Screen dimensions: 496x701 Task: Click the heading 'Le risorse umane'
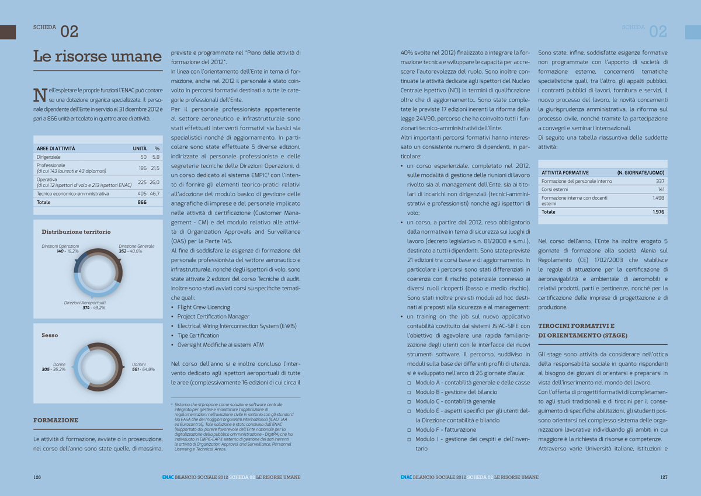click(97, 57)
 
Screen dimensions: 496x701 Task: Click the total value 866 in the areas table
click(142, 202)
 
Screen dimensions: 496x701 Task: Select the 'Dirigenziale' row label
click(48, 157)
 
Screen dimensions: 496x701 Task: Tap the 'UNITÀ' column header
click(140, 148)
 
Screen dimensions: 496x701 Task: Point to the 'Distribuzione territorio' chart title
click(76, 232)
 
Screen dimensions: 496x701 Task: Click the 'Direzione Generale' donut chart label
click(136, 247)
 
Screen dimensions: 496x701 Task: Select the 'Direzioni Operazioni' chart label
click(60, 247)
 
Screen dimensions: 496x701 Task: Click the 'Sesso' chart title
click(50, 335)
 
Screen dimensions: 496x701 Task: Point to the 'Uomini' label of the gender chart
click(139, 364)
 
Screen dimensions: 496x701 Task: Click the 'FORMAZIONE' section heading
click(55, 420)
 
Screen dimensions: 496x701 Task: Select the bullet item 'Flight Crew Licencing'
click(203, 307)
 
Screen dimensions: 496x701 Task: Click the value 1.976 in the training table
click(658, 212)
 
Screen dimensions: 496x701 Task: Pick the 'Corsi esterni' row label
click(554, 190)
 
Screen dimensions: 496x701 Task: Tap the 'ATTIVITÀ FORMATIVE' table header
click(565, 173)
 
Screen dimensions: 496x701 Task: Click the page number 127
click(664, 477)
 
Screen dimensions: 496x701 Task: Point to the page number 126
click(37, 477)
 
